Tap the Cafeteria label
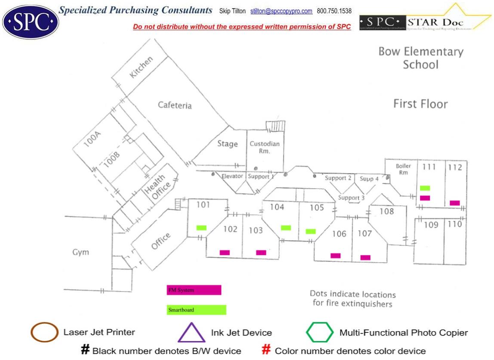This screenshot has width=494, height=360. click(x=175, y=105)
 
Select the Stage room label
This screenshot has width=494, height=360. click(x=227, y=144)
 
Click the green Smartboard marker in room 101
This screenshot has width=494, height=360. click(x=201, y=228)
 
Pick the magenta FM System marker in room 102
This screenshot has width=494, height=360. click(x=225, y=253)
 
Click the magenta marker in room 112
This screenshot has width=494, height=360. click(x=454, y=203)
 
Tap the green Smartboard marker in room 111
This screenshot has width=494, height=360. click(x=425, y=188)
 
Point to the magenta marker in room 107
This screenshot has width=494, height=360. click(x=365, y=258)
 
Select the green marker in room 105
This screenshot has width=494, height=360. click(x=311, y=232)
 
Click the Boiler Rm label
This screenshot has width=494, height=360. click(x=403, y=169)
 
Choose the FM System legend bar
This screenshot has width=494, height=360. click(x=194, y=290)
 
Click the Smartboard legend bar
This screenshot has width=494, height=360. click(x=196, y=310)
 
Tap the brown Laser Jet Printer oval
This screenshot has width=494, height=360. click(x=44, y=332)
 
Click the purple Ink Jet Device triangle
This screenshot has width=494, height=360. click(x=191, y=333)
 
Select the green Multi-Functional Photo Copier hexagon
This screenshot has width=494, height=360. click(x=320, y=332)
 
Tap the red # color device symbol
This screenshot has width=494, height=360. click(x=266, y=351)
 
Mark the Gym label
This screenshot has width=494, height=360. click(x=80, y=252)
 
